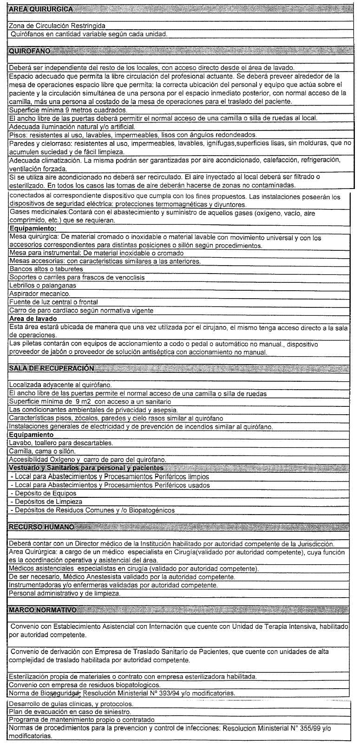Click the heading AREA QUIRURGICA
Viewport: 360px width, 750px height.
coord(41,10)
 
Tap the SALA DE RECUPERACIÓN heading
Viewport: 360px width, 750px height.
coord(52,368)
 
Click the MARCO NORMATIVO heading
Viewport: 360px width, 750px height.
coord(43,609)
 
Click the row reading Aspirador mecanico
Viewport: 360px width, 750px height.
coord(39,294)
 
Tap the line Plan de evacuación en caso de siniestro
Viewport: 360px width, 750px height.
coord(70,711)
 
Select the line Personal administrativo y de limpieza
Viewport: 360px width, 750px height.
coord(65,593)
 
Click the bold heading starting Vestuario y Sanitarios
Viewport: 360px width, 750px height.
coord(86,468)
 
